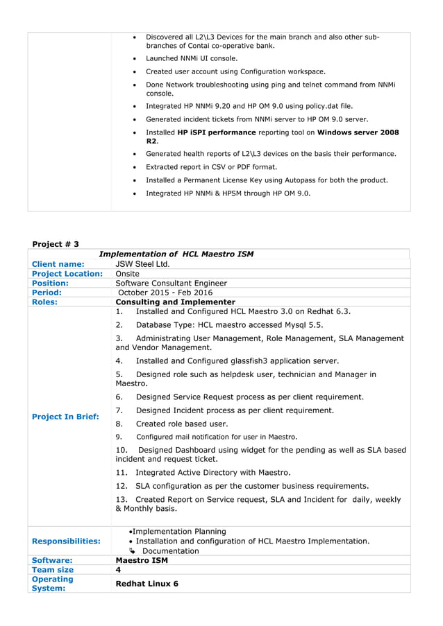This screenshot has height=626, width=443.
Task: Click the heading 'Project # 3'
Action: (x=56, y=244)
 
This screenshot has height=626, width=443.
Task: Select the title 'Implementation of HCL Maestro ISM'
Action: (x=176, y=254)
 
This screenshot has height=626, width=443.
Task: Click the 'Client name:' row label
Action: (x=58, y=264)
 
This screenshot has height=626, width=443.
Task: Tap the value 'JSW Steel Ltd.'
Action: (x=142, y=264)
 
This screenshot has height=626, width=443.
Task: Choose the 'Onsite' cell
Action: (x=127, y=274)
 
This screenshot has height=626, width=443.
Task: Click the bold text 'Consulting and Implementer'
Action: (x=175, y=302)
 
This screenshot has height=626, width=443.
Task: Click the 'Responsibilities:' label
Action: (x=66, y=541)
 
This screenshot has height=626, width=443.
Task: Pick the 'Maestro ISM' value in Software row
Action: (x=142, y=560)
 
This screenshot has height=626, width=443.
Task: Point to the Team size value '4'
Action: (x=118, y=570)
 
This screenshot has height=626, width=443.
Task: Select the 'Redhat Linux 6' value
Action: (x=147, y=584)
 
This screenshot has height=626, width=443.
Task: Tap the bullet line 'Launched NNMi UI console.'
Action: (x=192, y=58)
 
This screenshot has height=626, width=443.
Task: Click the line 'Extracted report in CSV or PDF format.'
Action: (x=211, y=167)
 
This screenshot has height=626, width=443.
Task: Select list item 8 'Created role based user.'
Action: (x=181, y=424)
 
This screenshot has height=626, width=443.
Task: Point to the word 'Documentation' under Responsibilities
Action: (x=170, y=551)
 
